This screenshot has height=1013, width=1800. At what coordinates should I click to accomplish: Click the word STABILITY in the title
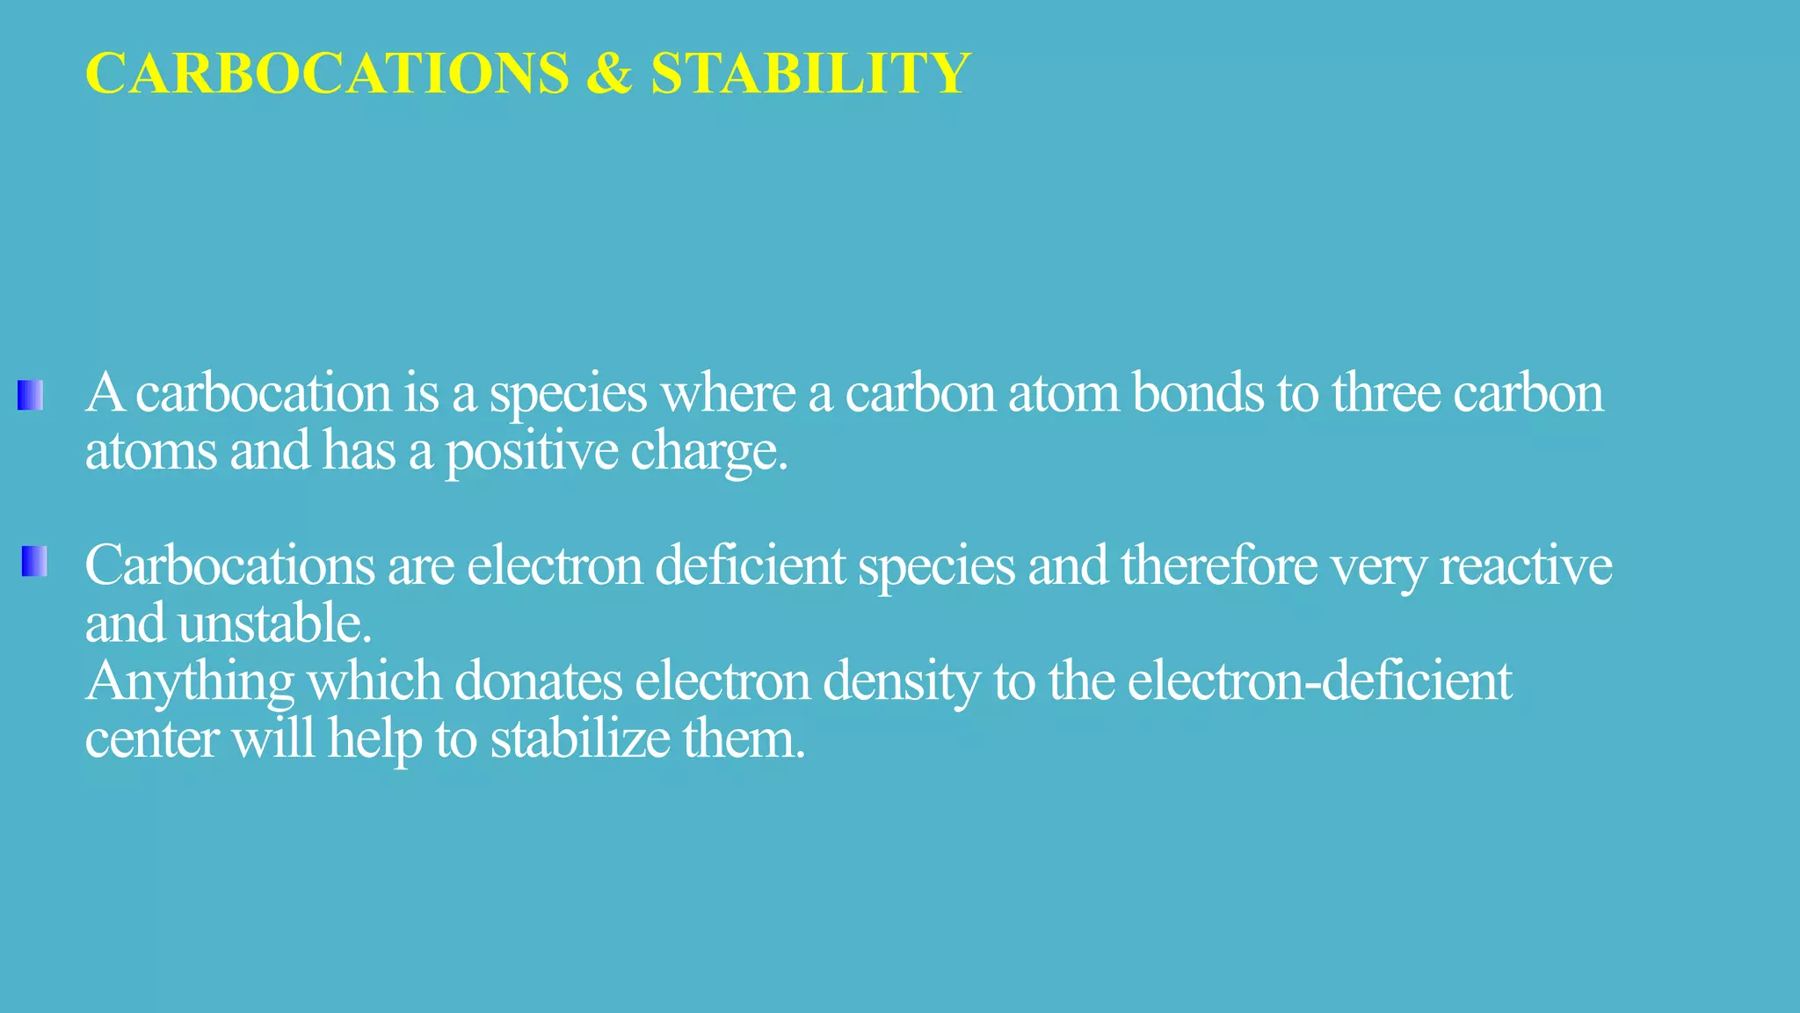[809, 73]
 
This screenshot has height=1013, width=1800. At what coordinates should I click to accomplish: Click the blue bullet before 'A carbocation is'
[30, 395]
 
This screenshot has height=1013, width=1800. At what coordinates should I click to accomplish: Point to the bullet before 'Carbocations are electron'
[34, 561]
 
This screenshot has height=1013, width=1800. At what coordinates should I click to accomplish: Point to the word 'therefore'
[1219, 565]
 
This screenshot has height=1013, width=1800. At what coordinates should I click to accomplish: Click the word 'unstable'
[270, 623]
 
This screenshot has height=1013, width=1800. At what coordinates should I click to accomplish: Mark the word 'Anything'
[190, 682]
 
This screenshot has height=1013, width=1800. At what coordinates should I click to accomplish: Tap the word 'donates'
[538, 681]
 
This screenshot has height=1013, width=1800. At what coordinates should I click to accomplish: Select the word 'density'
[901, 682]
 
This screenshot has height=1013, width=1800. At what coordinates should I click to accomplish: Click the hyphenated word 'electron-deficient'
[1319, 681]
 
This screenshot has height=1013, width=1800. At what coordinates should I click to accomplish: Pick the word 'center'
[151, 740]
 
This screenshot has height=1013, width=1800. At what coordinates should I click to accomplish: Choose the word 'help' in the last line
[374, 740]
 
